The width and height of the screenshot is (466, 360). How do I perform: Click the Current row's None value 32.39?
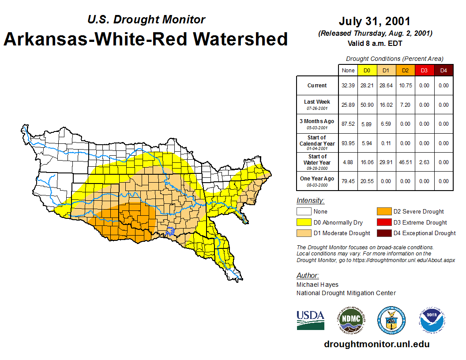[348, 86]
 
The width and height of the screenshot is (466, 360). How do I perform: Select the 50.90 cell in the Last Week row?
[367, 105]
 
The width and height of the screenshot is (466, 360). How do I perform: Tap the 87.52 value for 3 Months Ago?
[348, 124]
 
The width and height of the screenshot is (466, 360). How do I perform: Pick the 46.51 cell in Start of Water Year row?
[405, 162]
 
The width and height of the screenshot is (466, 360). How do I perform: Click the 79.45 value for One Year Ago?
[348, 181]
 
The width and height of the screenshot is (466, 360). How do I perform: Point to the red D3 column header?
[424, 71]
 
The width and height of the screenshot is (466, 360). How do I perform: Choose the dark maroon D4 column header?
[443, 71]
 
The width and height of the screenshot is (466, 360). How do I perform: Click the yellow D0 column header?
[367, 71]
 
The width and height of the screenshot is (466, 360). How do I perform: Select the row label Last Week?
[317, 102]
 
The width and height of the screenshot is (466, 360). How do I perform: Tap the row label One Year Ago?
[317, 178]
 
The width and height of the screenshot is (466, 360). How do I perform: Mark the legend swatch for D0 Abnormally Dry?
[304, 222]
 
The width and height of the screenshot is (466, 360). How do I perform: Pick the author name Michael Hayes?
[317, 285]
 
